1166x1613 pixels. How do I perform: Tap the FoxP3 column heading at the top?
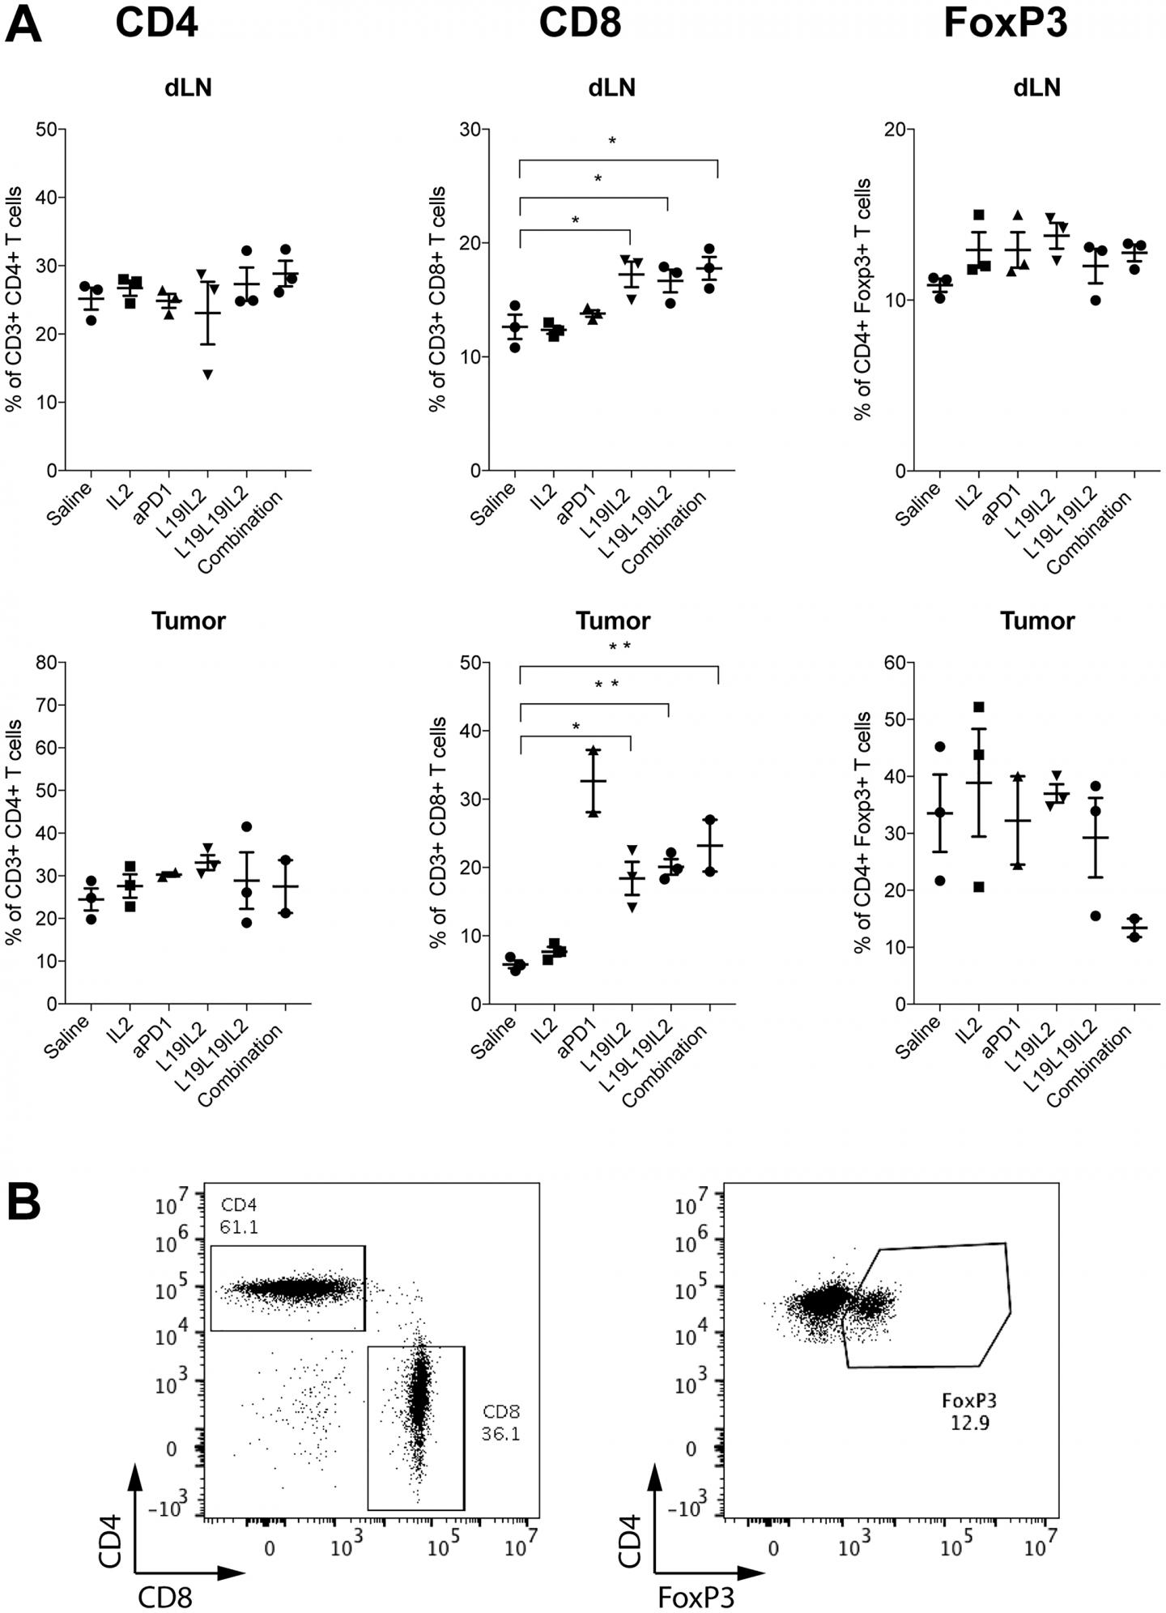click(1006, 23)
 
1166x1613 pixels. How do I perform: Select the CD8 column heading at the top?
click(581, 23)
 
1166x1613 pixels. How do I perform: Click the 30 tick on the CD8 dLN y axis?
click(470, 130)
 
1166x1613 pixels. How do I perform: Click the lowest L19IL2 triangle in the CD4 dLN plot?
click(209, 374)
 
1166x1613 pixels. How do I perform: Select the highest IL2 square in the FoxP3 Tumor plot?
click(979, 706)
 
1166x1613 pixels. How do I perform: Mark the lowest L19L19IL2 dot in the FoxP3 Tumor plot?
click(1096, 916)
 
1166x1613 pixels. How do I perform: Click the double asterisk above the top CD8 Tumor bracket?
click(619, 646)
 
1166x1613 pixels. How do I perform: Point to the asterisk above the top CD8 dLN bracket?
click(612, 141)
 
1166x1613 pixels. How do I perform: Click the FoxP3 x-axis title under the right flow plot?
click(696, 1595)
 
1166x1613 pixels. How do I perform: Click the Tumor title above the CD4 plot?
click(189, 621)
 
